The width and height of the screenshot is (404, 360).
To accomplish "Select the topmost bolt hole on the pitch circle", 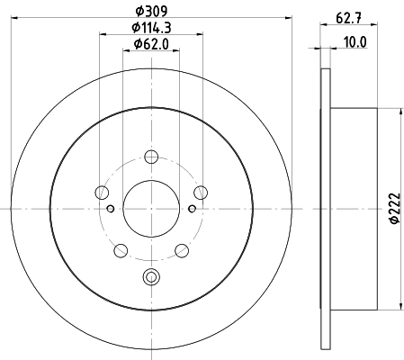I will (x=151, y=157).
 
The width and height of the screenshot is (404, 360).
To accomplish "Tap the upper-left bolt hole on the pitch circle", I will (x=102, y=192).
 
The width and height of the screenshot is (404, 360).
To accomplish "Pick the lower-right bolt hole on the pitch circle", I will (x=181, y=249).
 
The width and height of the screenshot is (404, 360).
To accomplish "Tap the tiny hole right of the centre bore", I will (x=191, y=209).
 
